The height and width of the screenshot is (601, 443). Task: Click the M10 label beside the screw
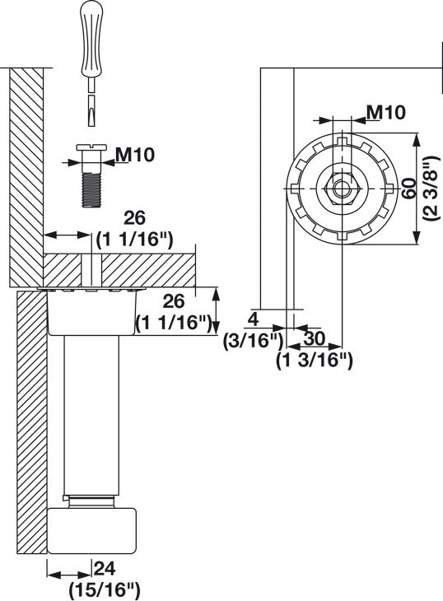tap(137, 153)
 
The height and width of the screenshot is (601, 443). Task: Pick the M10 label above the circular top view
tap(385, 112)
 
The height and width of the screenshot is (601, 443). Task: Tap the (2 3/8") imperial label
tap(428, 191)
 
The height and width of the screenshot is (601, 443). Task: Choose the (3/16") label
tap(254, 338)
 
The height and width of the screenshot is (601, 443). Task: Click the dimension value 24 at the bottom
tap(105, 567)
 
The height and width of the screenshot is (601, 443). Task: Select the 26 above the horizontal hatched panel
tap(135, 218)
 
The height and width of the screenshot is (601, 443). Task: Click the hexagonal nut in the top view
tap(339, 187)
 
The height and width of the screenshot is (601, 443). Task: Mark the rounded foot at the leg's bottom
tap(91, 531)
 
